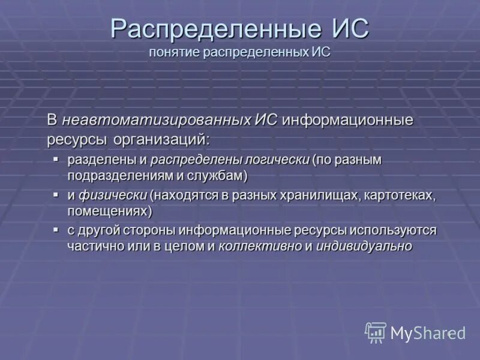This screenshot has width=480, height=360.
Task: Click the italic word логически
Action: point(278,160)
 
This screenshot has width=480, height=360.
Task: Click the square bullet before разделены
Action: point(56,159)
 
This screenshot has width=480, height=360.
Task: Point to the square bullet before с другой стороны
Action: point(56,230)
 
